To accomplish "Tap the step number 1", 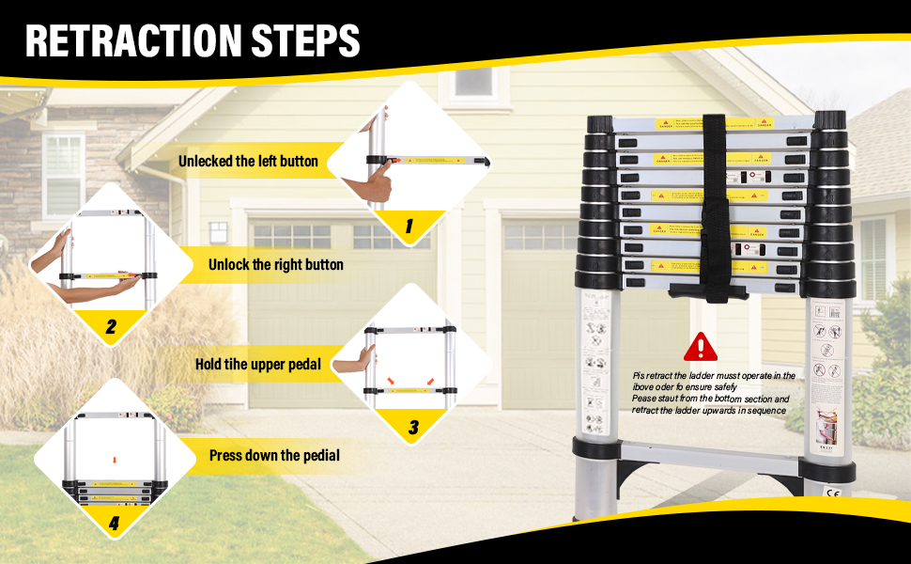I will (x=409, y=226).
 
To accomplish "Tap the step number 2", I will (x=111, y=327).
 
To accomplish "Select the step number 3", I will (x=413, y=429).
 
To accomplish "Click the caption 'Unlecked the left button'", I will (x=248, y=161).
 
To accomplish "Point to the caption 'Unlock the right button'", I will (x=275, y=265).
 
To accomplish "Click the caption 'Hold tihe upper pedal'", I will (x=257, y=364).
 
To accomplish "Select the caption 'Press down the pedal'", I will (x=274, y=455).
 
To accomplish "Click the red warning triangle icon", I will (x=700, y=347).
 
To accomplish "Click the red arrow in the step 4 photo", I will (x=113, y=459).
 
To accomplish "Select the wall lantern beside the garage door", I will (x=219, y=232).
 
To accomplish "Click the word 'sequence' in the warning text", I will (x=764, y=410).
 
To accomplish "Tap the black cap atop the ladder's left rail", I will (x=598, y=123).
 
